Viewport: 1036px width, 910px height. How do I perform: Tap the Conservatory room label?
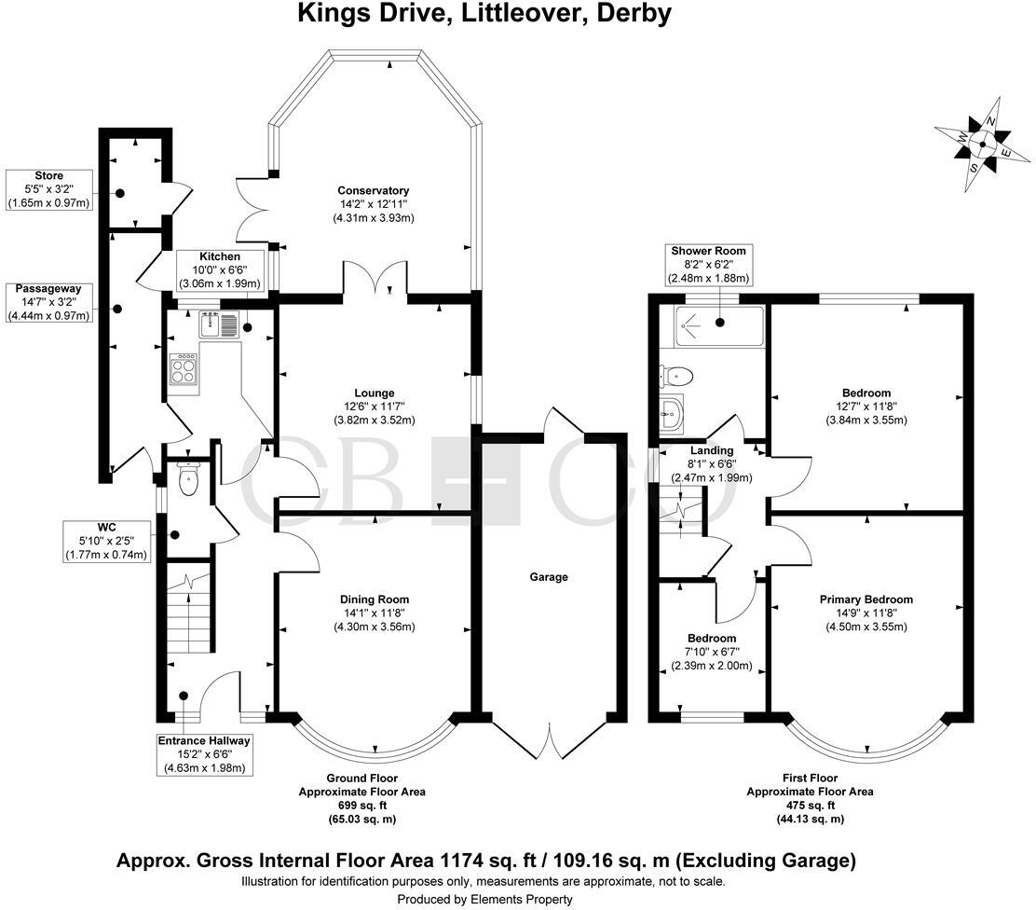[374, 190]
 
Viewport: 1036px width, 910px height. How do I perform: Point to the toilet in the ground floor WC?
[188, 480]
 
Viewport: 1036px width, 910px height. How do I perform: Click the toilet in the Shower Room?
[675, 376]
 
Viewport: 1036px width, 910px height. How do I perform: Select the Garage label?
[549, 577]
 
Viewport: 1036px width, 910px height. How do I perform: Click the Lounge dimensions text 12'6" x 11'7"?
[374, 407]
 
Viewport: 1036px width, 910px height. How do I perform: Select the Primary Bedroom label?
[866, 600]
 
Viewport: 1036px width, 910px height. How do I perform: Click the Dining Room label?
[374, 600]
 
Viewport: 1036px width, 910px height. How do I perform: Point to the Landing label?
[712, 451]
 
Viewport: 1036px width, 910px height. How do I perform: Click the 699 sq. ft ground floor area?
[374, 805]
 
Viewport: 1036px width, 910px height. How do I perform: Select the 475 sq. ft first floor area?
[810, 805]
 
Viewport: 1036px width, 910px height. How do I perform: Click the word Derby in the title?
[636, 14]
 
